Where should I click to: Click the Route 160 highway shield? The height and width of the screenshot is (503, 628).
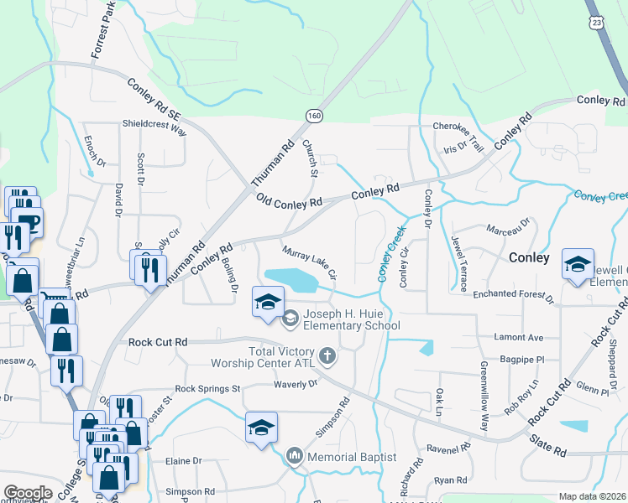314,114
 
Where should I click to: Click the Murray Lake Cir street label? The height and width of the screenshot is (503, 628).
310,262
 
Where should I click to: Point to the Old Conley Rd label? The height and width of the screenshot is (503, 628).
290,202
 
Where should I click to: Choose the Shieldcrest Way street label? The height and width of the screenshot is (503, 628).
154,126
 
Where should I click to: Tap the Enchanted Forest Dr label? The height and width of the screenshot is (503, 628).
513,296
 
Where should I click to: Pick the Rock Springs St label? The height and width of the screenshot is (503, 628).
207,389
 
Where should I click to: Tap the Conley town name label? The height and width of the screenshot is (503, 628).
529,258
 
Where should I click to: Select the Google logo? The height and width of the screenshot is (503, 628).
28,493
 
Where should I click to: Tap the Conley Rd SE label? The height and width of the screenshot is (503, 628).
155,98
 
